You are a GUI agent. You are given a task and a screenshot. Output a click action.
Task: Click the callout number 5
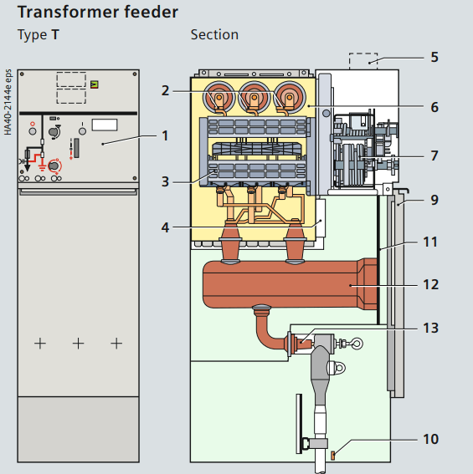point(434,57)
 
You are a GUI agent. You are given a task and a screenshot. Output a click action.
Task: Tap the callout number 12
point(430,284)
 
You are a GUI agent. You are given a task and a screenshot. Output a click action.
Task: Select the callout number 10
point(430,439)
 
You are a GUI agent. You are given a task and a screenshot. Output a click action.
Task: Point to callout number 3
point(165,181)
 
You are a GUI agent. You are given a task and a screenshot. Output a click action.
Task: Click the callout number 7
point(434,156)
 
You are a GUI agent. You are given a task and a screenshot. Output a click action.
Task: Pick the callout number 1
point(165,135)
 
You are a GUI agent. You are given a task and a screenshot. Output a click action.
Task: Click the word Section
point(214,35)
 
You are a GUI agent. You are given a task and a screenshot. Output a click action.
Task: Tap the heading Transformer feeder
point(98,12)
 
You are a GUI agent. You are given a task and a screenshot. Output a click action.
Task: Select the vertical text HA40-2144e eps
point(8,102)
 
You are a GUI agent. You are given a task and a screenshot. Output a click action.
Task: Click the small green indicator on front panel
point(95,84)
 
